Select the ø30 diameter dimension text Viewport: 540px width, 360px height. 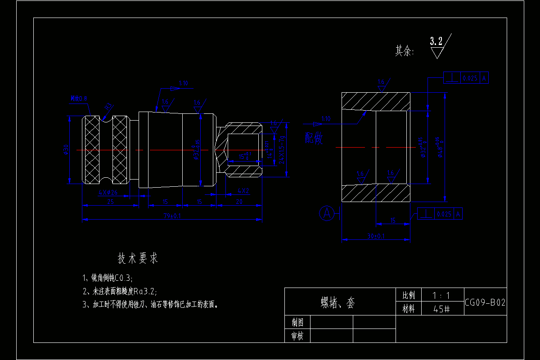[x=66, y=149]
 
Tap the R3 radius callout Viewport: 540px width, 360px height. [x=108, y=107]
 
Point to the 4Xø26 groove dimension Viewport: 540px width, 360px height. [x=108, y=193]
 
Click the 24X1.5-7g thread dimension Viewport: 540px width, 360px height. [x=282, y=149]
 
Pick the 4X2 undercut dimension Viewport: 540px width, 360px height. [x=243, y=191]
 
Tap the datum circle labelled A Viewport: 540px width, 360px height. [x=326, y=213]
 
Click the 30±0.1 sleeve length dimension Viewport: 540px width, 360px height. [x=376, y=236]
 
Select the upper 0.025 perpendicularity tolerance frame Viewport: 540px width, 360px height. [x=466, y=78]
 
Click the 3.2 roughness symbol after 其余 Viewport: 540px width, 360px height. [x=436, y=46]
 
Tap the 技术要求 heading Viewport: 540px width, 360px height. [x=138, y=258]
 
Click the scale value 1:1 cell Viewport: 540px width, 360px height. [x=441, y=296]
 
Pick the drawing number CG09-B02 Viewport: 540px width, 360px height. [x=485, y=302]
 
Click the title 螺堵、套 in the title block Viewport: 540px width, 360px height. [x=337, y=302]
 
